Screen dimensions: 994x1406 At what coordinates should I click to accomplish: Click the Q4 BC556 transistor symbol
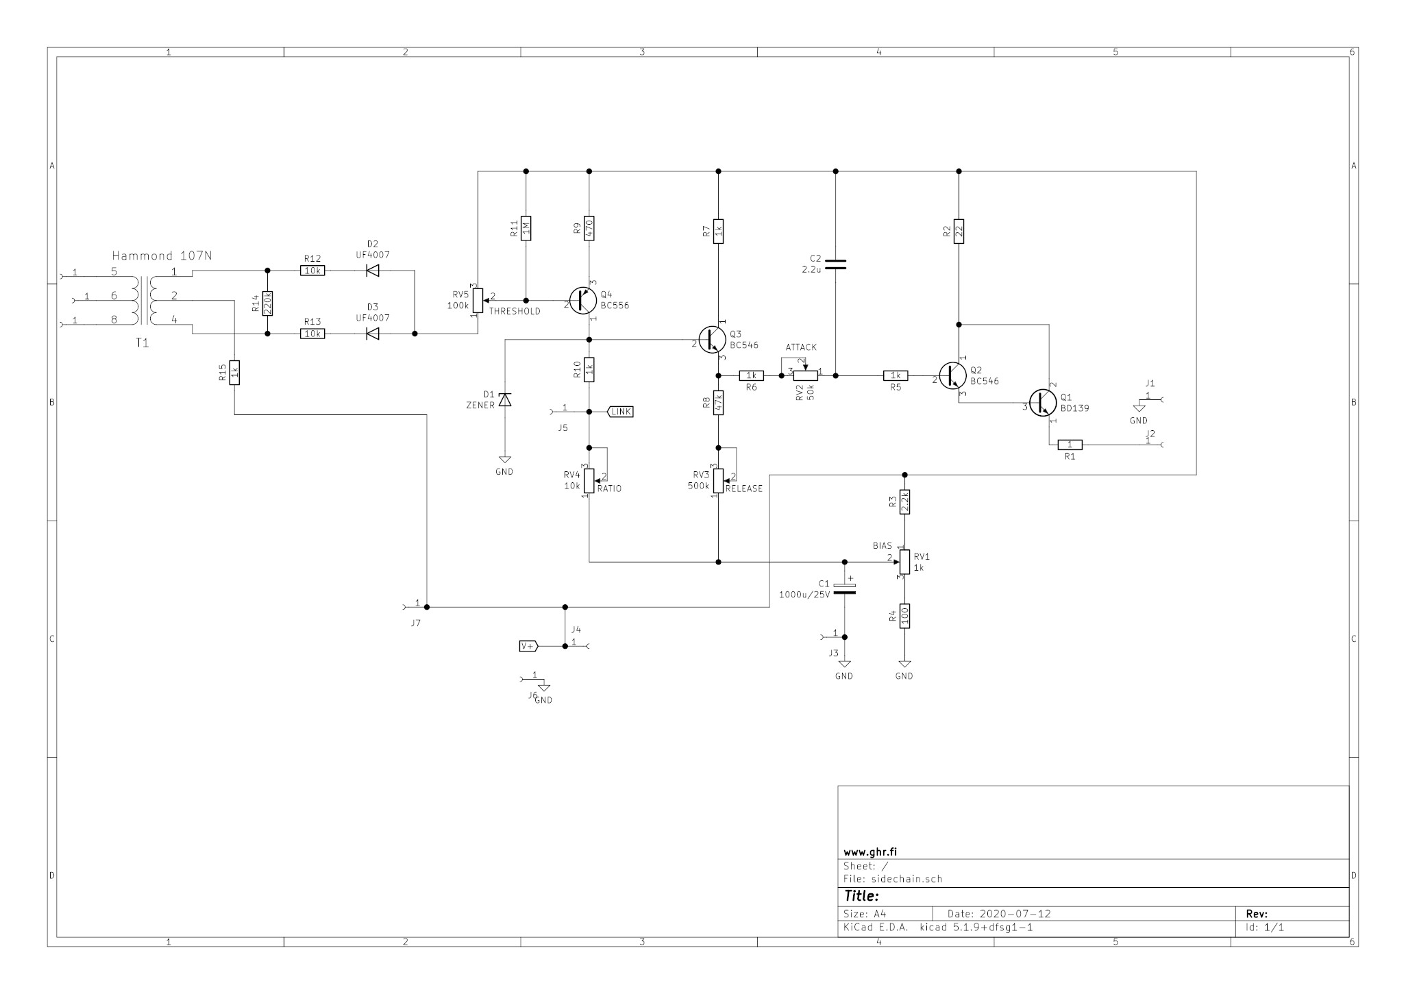coord(583,301)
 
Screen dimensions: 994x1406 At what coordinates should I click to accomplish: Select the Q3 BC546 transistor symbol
coord(712,339)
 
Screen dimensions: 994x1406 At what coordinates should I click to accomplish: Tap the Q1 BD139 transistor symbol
coord(1043,402)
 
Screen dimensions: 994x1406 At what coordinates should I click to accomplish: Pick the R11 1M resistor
coord(526,228)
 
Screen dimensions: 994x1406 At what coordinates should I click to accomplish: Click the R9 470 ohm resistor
coord(589,228)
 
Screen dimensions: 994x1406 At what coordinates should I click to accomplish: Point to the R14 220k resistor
coord(267,302)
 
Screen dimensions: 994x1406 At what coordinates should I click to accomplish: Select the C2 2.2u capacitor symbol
coord(835,264)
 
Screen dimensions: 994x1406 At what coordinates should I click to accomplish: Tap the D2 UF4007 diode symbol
coord(373,271)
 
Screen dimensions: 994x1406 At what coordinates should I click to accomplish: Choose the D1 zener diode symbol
coord(504,399)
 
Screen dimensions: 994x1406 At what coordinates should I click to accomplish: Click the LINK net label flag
coord(621,412)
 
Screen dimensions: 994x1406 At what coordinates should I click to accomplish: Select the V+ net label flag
coord(528,646)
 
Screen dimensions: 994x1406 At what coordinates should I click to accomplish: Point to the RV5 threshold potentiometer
coord(478,300)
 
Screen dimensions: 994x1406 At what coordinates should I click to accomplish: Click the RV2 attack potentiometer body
coord(805,375)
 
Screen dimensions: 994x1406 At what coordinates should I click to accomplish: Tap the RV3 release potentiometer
coord(718,480)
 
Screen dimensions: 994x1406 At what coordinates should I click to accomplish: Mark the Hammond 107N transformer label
coord(162,256)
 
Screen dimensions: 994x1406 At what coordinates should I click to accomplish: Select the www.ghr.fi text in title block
coord(870,852)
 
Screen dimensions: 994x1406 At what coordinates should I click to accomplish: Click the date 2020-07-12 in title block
coord(999,914)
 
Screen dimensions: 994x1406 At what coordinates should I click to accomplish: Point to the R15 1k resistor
coord(234,373)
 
